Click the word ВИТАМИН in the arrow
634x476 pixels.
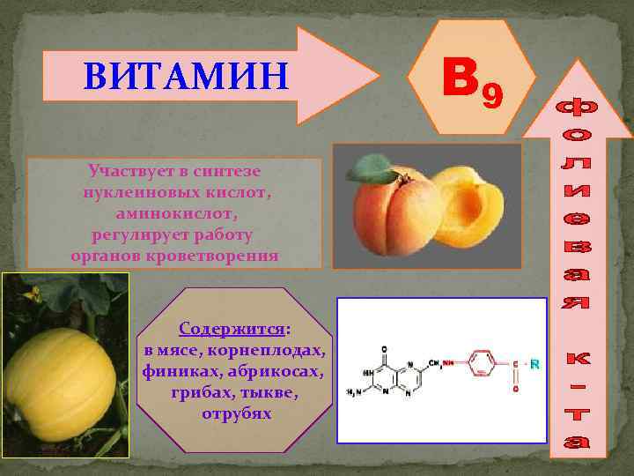[186, 77]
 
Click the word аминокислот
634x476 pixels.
[175, 213]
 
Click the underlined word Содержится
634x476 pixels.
[232, 329]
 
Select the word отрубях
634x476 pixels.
[236, 413]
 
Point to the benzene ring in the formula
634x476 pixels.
[482, 363]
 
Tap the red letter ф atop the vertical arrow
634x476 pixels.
[579, 111]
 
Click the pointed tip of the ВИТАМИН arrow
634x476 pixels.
[377, 74]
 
